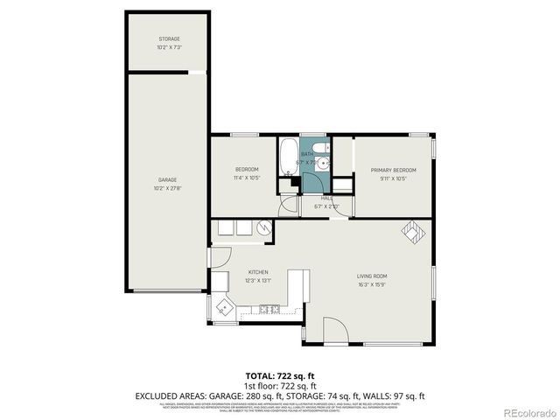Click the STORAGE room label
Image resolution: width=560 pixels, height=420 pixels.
pos(169,39)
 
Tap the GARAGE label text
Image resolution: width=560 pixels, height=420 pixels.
pos(167,179)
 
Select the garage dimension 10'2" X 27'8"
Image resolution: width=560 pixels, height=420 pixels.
pos(169,187)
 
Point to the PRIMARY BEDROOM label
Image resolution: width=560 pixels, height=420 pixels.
pos(393,170)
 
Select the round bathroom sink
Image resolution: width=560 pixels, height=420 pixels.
pos(323,164)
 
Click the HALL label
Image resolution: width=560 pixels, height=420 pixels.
pos(326,198)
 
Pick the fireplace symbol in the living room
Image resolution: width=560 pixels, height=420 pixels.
pos(410,230)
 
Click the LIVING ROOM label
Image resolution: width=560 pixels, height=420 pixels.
pos(373,276)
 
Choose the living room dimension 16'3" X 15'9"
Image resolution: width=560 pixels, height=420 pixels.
pos(373,284)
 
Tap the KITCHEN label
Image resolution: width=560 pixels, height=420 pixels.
pos(257,272)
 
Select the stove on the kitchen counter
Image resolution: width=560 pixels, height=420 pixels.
pos(269,309)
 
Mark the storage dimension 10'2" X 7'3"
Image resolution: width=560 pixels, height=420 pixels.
pos(169,47)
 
